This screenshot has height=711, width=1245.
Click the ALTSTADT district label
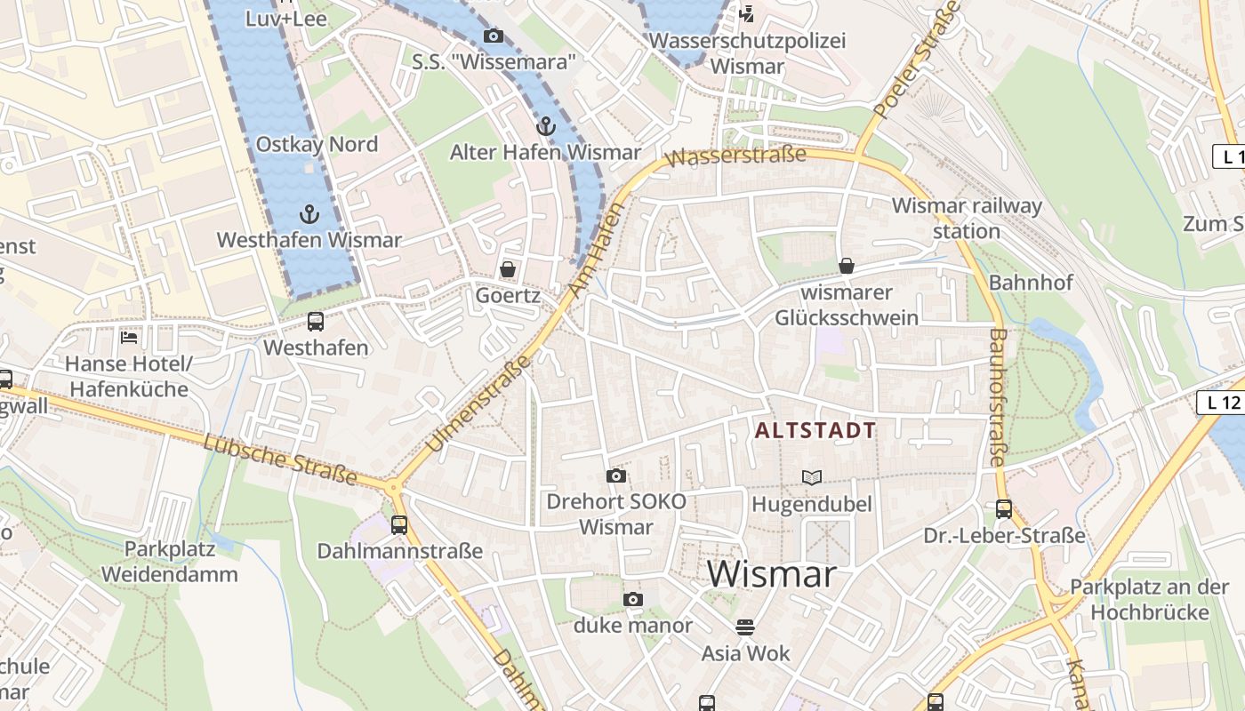pyautogui.click(x=815, y=431)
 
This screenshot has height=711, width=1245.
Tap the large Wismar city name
pyautogui.click(x=772, y=574)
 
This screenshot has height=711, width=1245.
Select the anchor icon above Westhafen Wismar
pyautogui.click(x=309, y=213)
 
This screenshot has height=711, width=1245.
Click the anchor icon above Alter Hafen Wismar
pyautogui.click(x=545, y=126)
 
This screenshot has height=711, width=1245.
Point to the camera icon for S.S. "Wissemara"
pyautogui.click(x=493, y=36)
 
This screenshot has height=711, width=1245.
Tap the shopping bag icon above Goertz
pyautogui.click(x=507, y=268)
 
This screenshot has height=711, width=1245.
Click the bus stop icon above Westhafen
pyautogui.click(x=315, y=322)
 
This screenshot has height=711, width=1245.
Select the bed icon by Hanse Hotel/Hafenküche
pyautogui.click(x=129, y=338)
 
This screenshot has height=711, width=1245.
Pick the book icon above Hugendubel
pyautogui.click(x=811, y=477)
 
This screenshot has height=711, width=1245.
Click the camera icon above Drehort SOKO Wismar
pyautogui.click(x=615, y=475)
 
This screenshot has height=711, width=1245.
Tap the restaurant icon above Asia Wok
pyautogui.click(x=745, y=627)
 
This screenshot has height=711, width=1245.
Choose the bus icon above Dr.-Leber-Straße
pyautogui.click(x=1003, y=509)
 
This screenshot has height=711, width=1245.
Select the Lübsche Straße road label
pyautogui.click(x=280, y=459)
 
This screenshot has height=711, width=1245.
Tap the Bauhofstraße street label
pyautogui.click(x=997, y=397)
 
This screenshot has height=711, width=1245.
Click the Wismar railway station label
pyautogui.click(x=966, y=219)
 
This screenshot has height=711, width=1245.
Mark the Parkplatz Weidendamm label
pyautogui.click(x=169, y=562)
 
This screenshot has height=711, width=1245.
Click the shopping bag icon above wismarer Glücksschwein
pyautogui.click(x=846, y=266)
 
